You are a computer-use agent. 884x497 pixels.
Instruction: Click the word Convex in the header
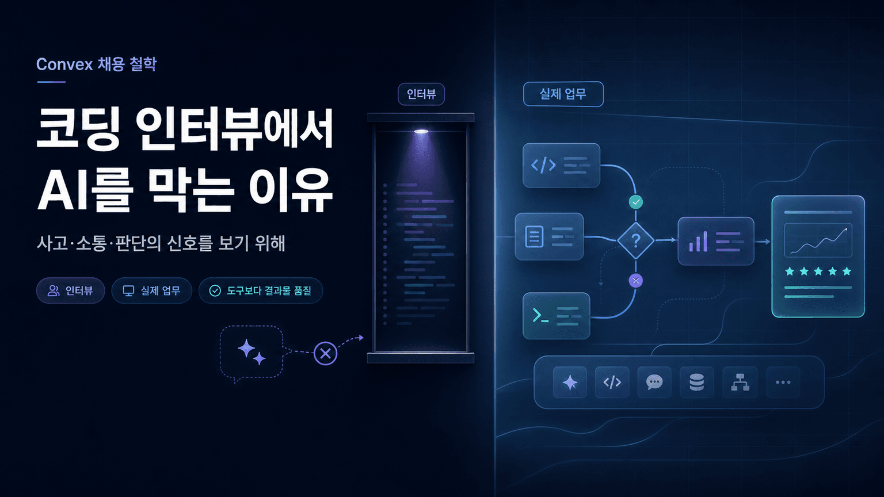point(64,64)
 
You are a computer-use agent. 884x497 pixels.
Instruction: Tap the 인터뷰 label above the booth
point(421,94)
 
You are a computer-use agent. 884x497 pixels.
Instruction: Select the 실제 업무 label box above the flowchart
point(563,94)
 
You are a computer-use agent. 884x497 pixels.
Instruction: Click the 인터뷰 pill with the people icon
point(71,290)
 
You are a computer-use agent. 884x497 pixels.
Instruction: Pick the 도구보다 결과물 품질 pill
point(261,290)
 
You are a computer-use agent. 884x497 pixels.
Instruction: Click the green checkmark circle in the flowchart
point(636,202)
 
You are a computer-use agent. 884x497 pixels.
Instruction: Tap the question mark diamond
point(636,240)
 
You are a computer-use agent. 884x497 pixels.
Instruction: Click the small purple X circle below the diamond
point(636,281)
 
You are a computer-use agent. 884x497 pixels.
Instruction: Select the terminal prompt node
point(557,316)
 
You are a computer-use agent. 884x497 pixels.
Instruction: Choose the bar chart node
point(716,241)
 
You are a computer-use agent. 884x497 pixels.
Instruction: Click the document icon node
point(550,236)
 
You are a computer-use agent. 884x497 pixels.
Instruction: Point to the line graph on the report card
point(818,240)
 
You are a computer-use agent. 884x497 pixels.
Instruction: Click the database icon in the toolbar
point(696,382)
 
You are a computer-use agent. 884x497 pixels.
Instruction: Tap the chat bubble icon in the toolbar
point(654,382)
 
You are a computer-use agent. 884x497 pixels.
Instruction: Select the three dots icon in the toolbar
point(783,382)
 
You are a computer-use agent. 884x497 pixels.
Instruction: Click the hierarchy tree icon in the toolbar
point(740,382)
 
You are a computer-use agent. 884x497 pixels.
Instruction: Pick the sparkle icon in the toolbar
point(570,382)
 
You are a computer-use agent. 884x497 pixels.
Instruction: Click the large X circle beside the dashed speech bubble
point(326,353)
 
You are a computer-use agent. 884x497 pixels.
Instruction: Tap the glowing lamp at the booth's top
point(421,131)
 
